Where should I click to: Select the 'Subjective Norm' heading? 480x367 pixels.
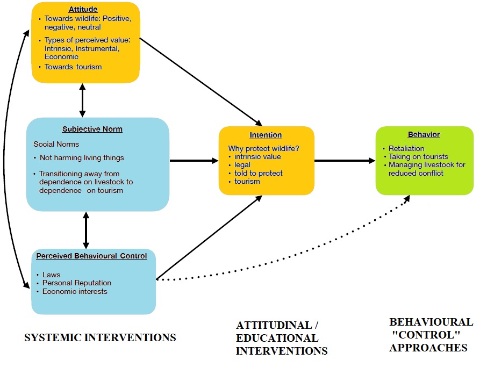point(92,129)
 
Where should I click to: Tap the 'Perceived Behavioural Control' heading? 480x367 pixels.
point(91,256)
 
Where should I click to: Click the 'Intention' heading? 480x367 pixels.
point(266,135)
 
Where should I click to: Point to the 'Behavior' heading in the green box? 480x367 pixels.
point(424,134)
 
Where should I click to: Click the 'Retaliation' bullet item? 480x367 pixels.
point(406,148)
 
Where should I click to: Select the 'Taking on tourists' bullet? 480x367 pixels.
point(418,156)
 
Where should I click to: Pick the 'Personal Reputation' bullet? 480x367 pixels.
point(77,283)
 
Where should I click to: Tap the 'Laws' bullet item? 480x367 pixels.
point(52,275)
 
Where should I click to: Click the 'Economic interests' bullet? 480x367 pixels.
point(75,291)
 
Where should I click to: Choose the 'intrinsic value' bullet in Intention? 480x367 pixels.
point(257,157)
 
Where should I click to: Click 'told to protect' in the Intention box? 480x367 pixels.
point(259,173)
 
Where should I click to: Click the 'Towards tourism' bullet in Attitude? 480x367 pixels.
point(73,67)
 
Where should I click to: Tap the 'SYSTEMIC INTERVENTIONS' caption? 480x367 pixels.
point(101,337)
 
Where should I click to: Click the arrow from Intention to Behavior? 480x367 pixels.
point(345,160)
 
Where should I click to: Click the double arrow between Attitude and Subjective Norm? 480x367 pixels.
point(82,100)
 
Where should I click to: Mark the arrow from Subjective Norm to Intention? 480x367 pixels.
point(194,160)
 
